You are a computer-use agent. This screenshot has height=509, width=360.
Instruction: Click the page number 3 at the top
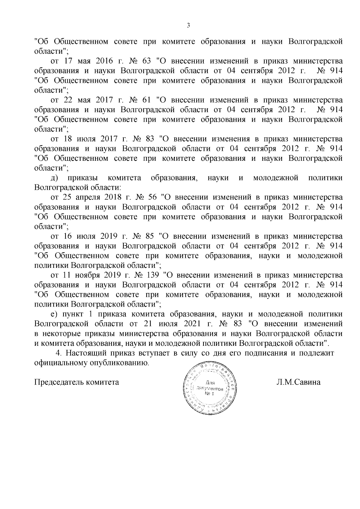(188, 25)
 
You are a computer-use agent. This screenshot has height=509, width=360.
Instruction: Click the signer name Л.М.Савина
(298, 382)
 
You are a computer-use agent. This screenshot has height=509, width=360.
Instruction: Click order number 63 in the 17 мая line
(147, 61)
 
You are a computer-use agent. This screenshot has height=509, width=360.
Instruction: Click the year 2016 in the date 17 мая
(104, 61)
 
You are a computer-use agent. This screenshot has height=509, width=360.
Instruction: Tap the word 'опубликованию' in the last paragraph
(120, 363)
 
